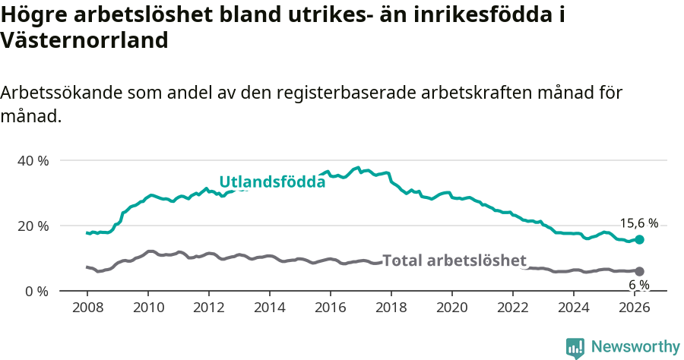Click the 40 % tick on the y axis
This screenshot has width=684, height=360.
tap(33, 160)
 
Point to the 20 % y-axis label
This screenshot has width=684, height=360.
tap(33, 226)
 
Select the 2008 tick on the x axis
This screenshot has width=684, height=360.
tap(87, 308)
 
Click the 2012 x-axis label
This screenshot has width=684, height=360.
tap(209, 308)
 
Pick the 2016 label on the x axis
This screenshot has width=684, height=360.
tap(331, 308)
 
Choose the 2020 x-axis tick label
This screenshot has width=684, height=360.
tap(452, 308)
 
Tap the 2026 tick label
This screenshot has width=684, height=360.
tap(635, 308)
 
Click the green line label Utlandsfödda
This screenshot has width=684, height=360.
tap(272, 182)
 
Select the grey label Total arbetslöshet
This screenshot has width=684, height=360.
tap(454, 261)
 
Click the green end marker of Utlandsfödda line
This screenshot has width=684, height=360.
tap(639, 239)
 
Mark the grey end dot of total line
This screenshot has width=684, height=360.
tap(639, 271)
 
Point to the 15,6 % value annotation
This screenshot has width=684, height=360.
tap(638, 223)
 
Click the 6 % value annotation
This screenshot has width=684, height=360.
tap(638, 285)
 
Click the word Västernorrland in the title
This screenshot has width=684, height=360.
tap(84, 41)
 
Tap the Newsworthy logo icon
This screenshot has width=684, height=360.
tap(575, 348)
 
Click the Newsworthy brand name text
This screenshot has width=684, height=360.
tap(635, 347)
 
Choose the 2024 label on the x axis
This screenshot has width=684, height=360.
tap(574, 308)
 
